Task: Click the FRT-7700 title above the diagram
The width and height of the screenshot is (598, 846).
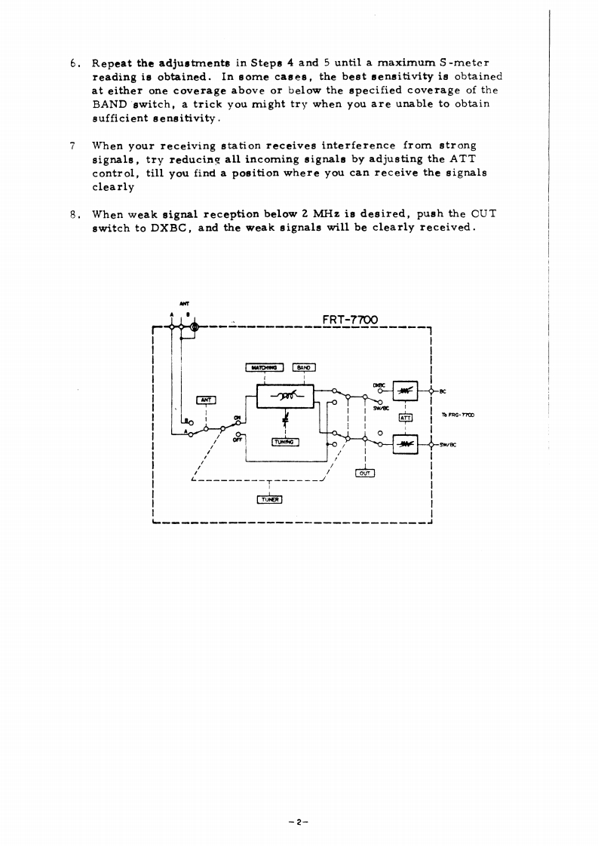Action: click(x=353, y=320)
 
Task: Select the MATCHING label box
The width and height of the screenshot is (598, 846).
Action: click(x=265, y=367)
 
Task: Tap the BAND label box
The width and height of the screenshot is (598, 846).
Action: click(x=304, y=367)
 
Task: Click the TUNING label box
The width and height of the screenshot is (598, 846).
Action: click(x=285, y=443)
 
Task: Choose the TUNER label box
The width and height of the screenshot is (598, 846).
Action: click(x=269, y=498)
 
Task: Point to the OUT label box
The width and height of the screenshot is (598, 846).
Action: click(x=364, y=473)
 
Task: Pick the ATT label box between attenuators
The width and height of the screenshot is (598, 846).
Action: click(x=405, y=415)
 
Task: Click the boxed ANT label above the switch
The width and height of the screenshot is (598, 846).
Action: click(x=206, y=400)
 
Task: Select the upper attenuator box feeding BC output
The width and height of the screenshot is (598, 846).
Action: click(x=406, y=391)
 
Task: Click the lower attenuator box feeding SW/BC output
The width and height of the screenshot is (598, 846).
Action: click(x=406, y=445)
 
